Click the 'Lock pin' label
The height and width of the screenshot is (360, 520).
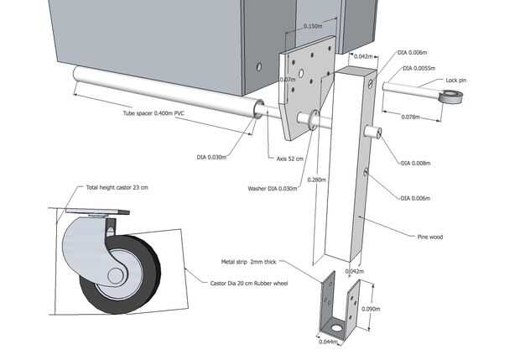(455, 81)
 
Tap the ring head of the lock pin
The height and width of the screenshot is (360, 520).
(451, 97)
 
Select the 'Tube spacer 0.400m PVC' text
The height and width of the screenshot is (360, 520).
(153, 113)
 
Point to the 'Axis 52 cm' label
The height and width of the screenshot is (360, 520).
(290, 159)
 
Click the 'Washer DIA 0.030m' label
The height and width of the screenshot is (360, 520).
(273, 189)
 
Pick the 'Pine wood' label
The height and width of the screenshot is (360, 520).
(429, 237)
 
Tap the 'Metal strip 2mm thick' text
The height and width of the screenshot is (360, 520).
(248, 262)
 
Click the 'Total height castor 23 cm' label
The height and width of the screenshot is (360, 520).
(117, 187)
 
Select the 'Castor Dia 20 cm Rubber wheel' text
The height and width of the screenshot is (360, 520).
(249, 284)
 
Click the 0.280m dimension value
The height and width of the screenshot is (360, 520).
(316, 180)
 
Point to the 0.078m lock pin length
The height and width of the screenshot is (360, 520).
(411, 117)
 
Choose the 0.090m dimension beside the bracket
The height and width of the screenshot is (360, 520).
(371, 309)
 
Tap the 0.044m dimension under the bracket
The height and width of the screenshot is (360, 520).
(328, 342)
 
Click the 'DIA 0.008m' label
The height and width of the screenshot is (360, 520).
(415, 164)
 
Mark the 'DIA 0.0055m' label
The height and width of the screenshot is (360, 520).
(419, 68)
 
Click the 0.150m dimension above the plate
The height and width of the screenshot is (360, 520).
(313, 26)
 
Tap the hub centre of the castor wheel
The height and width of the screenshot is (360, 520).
(116, 276)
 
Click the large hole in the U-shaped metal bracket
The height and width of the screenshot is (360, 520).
(336, 328)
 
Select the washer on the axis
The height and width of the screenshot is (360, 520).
(314, 120)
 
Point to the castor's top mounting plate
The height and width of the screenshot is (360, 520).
(97, 211)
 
